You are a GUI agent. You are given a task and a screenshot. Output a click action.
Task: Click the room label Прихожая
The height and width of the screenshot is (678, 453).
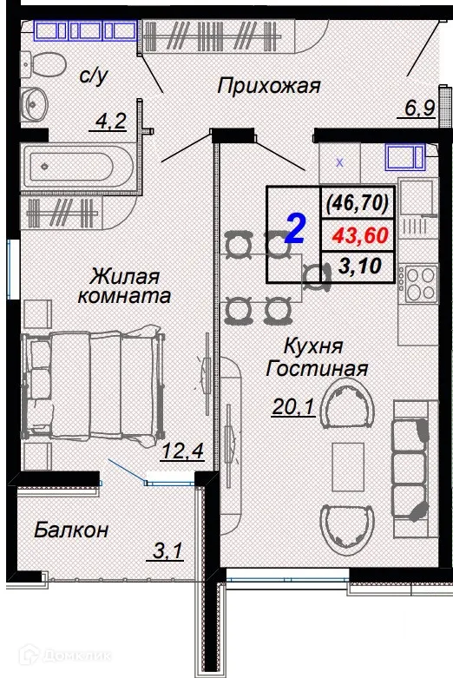(269, 86)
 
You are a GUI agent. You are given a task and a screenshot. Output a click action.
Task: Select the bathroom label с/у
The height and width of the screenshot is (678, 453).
(92, 76)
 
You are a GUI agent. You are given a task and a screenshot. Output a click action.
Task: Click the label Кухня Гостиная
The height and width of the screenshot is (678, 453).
(317, 357)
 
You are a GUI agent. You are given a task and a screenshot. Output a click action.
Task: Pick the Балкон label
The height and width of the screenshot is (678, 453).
(72, 530)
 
